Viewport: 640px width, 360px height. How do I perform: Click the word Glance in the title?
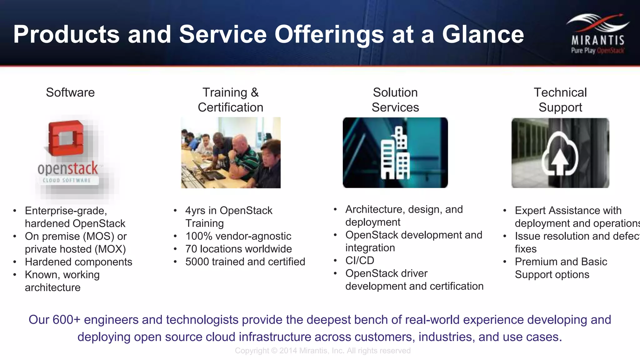[483, 34]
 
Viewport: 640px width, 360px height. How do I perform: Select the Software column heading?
[70, 92]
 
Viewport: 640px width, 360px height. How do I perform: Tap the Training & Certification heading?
[231, 100]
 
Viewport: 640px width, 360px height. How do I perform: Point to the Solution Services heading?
[395, 100]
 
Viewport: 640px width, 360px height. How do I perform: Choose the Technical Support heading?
[560, 100]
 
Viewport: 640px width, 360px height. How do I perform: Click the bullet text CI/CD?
[360, 260]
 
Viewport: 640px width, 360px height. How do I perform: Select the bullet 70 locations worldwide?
[238, 249]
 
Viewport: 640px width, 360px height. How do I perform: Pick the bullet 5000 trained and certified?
[245, 262]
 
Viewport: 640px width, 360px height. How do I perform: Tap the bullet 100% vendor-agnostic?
[238, 236]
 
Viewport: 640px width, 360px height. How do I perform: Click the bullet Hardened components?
[78, 262]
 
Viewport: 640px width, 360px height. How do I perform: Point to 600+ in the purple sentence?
[67, 320]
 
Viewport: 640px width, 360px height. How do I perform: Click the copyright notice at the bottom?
[322, 351]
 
